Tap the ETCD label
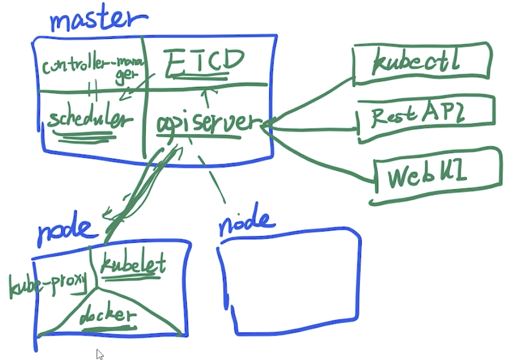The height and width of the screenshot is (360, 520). point(205,62)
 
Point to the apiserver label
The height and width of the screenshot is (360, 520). point(209,124)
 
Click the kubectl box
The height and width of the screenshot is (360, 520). point(421,63)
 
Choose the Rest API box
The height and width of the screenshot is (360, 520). point(426,118)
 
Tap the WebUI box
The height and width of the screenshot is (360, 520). point(436,175)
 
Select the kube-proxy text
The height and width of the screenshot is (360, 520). point(47,285)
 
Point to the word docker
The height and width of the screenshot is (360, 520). point(108,315)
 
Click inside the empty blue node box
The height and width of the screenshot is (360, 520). point(289,282)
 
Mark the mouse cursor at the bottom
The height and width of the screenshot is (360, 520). point(100,354)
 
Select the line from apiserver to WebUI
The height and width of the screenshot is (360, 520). point(318,156)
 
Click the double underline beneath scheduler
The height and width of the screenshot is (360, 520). point(85,137)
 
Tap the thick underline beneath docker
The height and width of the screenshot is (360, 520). point(109,329)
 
